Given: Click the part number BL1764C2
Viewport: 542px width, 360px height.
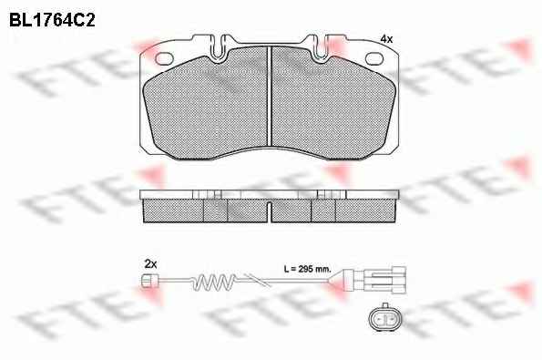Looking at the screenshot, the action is point(52,20).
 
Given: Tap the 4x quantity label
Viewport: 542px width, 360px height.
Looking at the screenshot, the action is point(386,39).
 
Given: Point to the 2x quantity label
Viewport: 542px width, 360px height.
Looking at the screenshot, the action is point(150,264).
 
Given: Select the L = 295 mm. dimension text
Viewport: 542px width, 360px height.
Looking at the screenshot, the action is point(307,269).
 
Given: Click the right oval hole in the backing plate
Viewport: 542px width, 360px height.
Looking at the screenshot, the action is point(375,59).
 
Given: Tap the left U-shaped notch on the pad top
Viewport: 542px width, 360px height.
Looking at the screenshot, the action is point(218,46).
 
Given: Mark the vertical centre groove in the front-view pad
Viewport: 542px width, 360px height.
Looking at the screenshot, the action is point(270,96).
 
